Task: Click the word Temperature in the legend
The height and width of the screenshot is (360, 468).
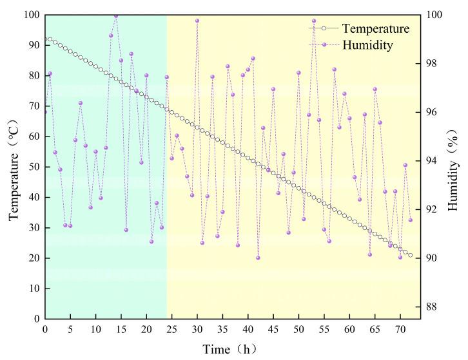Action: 375,29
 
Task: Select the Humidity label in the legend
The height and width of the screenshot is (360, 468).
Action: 367,45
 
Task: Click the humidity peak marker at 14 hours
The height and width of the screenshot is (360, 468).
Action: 116,15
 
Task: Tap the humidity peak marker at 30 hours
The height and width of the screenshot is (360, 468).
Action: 197,21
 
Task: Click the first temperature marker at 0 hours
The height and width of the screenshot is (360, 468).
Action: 45,39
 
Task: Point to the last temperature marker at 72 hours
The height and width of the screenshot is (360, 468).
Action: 410,255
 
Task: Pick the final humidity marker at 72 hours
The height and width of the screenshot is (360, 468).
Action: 410,220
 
